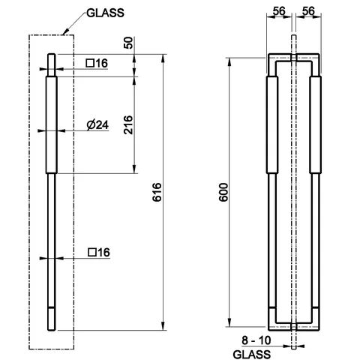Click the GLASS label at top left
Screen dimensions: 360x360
[x=105, y=13]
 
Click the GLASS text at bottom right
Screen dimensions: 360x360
[x=251, y=354]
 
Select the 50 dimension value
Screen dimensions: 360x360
[x=128, y=43]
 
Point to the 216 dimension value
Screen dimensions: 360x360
[x=128, y=124]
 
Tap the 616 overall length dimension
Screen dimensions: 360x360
[x=157, y=192]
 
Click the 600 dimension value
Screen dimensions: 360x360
[x=223, y=192]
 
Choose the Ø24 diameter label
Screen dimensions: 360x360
[x=97, y=125]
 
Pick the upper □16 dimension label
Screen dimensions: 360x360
[x=97, y=63]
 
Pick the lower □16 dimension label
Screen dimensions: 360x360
[x=99, y=252]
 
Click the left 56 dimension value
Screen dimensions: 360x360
[x=279, y=11]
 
